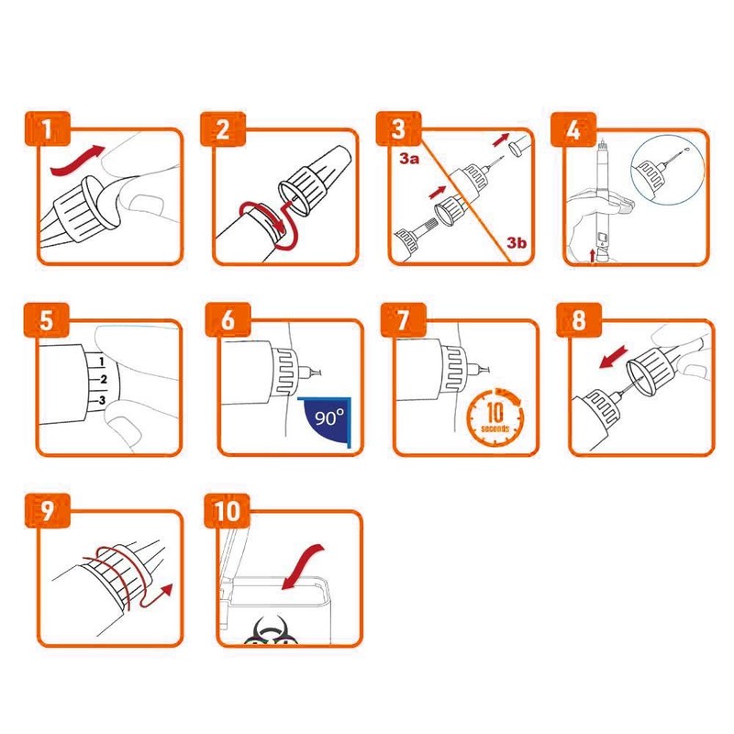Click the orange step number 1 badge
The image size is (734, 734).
point(47,128)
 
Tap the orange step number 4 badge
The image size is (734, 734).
point(573,129)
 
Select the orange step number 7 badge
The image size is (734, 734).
point(404,319)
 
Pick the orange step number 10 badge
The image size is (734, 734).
point(228,511)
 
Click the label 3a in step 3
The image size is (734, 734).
point(408,159)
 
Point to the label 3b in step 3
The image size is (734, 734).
point(517,242)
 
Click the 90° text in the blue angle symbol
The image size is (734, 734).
point(329,417)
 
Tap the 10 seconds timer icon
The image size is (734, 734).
point(495,416)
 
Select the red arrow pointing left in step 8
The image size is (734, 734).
point(614,356)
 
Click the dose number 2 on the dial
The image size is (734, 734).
point(104,379)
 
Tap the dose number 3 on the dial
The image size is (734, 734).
point(102,400)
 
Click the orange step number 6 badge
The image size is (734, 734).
point(228,319)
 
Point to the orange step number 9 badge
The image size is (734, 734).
point(48,511)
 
